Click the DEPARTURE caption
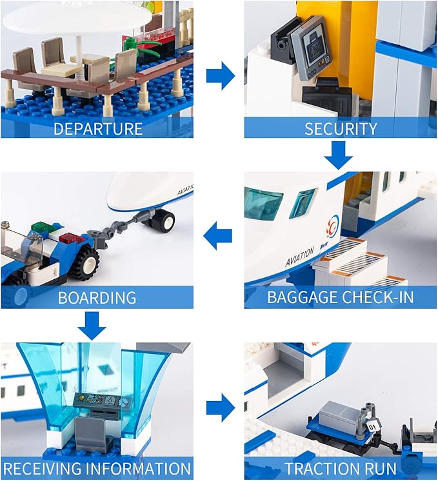(x=97, y=128)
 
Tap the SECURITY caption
(x=341, y=128)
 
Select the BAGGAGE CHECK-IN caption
(x=341, y=298)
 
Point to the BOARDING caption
(x=97, y=298)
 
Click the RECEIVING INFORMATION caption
(x=97, y=469)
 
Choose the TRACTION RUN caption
(x=341, y=469)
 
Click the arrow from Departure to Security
(x=219, y=76)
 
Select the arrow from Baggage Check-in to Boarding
(x=218, y=238)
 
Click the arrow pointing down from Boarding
(x=94, y=324)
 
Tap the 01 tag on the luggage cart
(x=372, y=426)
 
